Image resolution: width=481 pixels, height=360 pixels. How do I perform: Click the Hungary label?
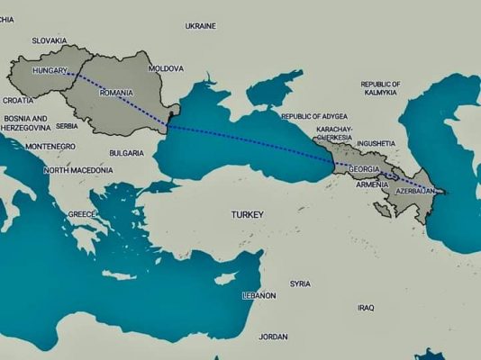pos(50,69)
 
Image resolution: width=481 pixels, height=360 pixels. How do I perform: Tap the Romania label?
pos(116,93)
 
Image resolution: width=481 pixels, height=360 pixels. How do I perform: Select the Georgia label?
pos(363,170)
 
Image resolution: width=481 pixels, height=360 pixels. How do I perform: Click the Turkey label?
pos(247,215)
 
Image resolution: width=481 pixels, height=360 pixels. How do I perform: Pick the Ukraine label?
pos(200,26)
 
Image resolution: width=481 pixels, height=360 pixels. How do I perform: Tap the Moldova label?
pos(166,68)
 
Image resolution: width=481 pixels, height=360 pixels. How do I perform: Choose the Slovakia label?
pos(50,40)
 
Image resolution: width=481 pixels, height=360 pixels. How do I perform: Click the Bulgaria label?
pos(126,153)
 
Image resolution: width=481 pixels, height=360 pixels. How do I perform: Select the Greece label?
pos(81,214)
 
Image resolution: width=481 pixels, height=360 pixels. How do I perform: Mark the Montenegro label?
pos(50,146)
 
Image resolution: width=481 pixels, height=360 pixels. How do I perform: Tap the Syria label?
pos(300,283)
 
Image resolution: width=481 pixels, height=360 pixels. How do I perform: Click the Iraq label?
pos(365,308)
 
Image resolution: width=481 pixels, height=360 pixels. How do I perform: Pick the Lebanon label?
pos(259,295)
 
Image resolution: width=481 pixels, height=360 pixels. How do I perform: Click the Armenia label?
pos(372,184)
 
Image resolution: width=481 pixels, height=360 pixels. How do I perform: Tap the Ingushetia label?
pos(376,143)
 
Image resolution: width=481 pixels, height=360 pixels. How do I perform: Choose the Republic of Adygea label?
pos(315,116)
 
